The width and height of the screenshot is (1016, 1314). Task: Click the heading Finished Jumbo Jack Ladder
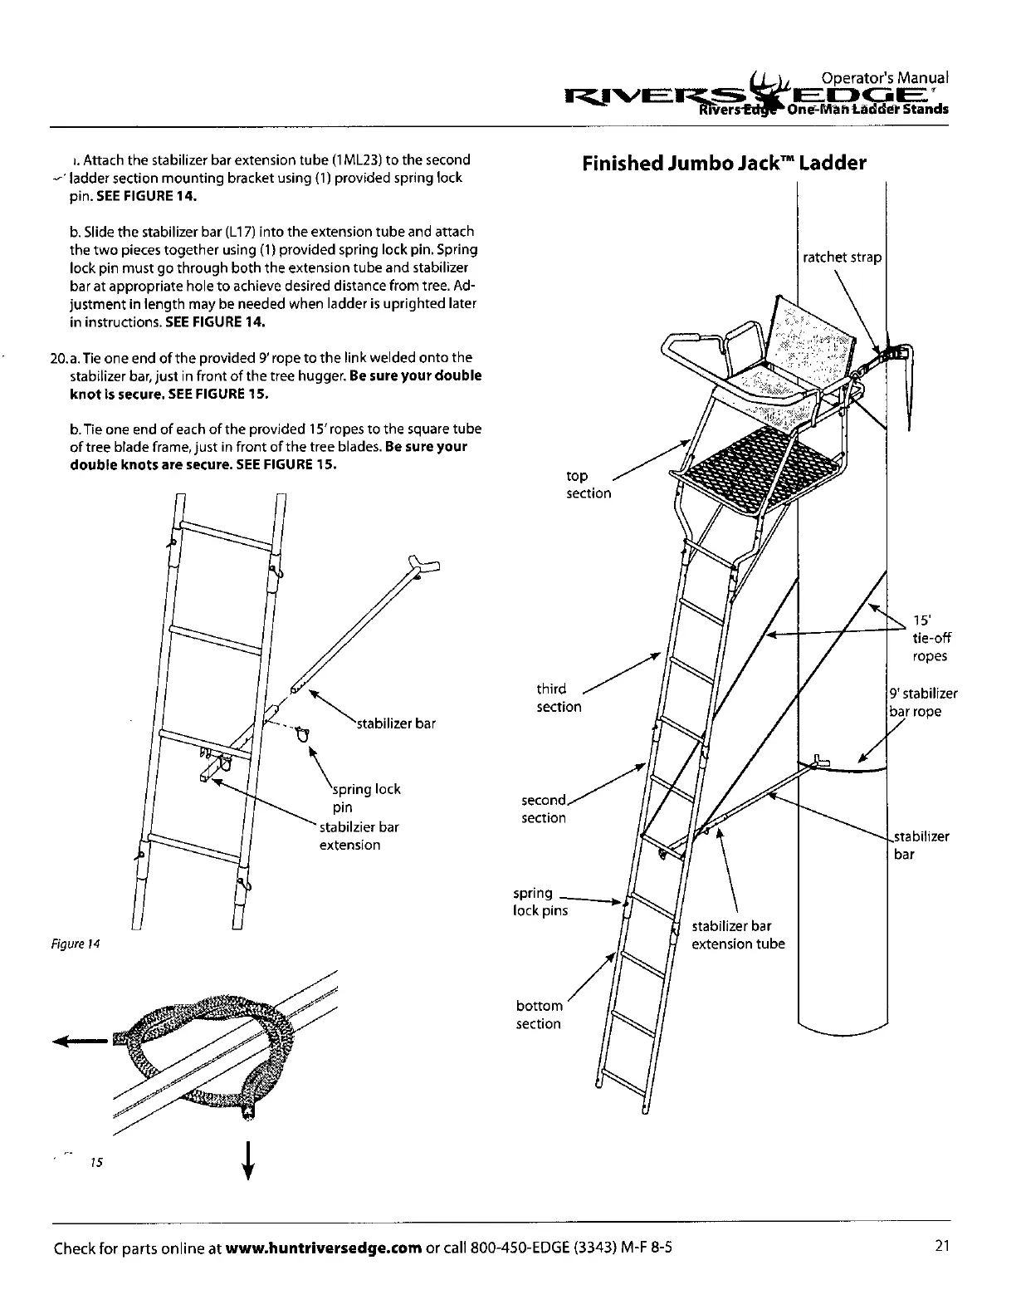724,163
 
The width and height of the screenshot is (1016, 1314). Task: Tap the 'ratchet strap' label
842,257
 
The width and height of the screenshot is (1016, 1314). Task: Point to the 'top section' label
588,484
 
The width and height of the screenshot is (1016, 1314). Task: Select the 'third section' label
559,698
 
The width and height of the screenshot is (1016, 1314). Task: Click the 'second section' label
543,809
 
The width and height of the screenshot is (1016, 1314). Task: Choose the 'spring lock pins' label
540,902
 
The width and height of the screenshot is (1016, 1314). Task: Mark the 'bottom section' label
539,1015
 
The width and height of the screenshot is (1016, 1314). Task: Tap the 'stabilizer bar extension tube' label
737,935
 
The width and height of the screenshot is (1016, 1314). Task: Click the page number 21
940,1246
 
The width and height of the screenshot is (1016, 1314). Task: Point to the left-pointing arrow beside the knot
79,1039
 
